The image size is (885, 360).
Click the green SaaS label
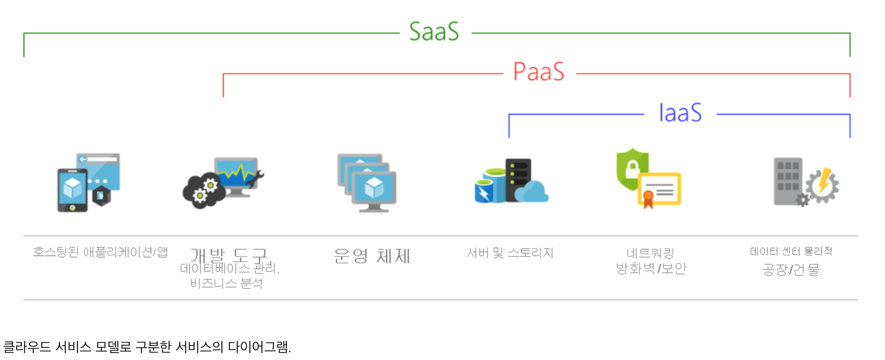[x=434, y=32]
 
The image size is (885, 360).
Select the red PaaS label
[x=539, y=72]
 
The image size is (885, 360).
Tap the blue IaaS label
[x=680, y=113]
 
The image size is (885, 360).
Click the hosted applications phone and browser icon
[x=88, y=183]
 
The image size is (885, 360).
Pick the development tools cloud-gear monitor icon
[x=223, y=183]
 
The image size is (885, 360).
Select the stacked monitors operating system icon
[x=367, y=183]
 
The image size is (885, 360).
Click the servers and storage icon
[x=511, y=181]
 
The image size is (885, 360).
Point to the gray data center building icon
[x=788, y=181]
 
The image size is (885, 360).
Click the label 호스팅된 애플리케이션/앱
[x=100, y=252]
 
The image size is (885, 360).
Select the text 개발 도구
[x=228, y=255]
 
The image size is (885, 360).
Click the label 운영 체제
[x=372, y=256]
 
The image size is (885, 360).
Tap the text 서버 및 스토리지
[x=510, y=253]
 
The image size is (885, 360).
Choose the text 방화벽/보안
[x=651, y=268]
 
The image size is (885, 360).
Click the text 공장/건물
[x=791, y=270]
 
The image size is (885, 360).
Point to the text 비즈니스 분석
[x=226, y=284]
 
